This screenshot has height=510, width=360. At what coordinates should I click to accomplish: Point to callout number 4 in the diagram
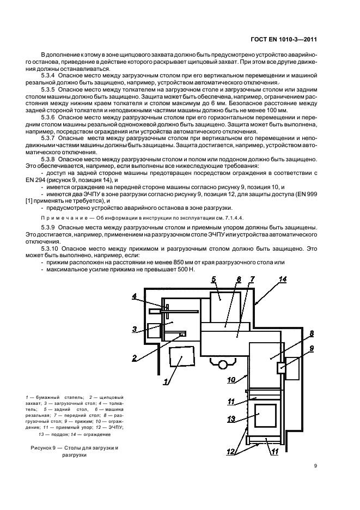tap(135, 296)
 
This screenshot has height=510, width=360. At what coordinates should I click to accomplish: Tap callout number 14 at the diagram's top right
tap(282, 280)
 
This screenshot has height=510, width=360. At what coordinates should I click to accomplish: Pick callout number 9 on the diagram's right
tap(311, 349)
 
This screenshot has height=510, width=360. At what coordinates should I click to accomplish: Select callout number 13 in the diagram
tap(230, 418)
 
